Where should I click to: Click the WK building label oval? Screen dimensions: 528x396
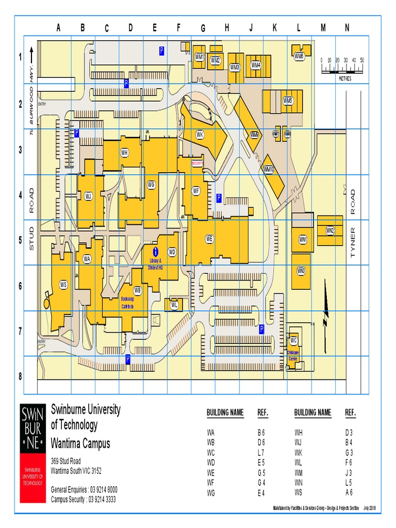200,135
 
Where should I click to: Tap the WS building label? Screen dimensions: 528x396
63,284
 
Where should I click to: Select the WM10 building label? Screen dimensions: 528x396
269,169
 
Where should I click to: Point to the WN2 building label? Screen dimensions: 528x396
330,230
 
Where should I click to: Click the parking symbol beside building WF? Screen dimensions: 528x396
219,197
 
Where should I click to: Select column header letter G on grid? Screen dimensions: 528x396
203,28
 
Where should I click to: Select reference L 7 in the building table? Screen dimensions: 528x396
261,452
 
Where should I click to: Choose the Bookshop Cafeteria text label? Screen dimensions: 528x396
127,303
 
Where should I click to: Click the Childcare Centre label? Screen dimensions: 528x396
293,355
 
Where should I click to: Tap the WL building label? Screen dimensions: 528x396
174,305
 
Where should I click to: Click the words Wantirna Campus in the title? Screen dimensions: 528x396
80,443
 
